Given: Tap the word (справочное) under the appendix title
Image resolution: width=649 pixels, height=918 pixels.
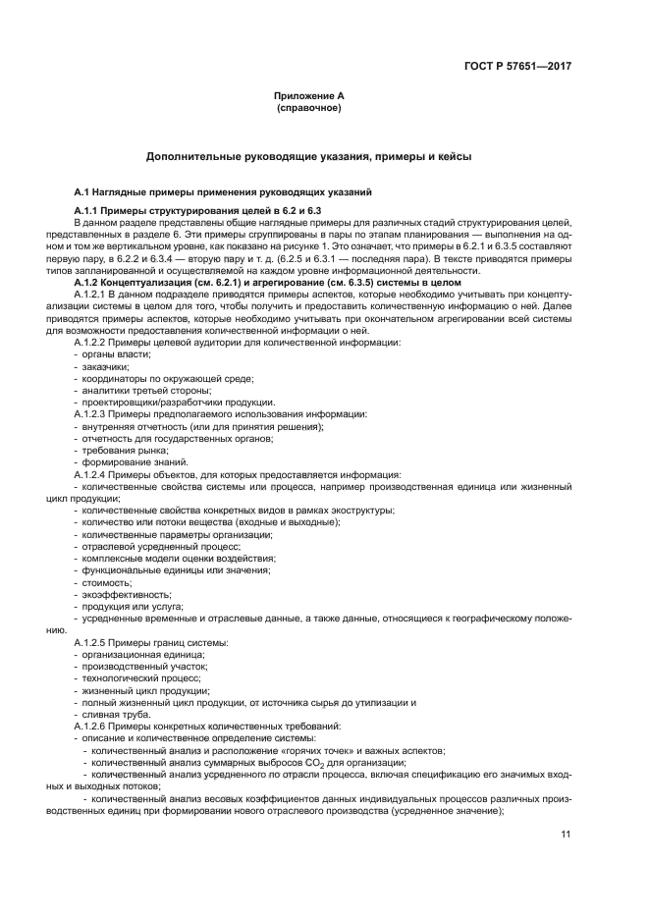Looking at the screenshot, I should pyautogui.click(x=309, y=108).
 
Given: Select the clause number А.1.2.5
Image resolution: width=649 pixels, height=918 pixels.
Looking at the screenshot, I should pyautogui.click(x=96, y=642).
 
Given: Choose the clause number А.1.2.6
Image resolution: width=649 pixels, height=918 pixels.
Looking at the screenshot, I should pyautogui.click(x=96, y=726).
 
